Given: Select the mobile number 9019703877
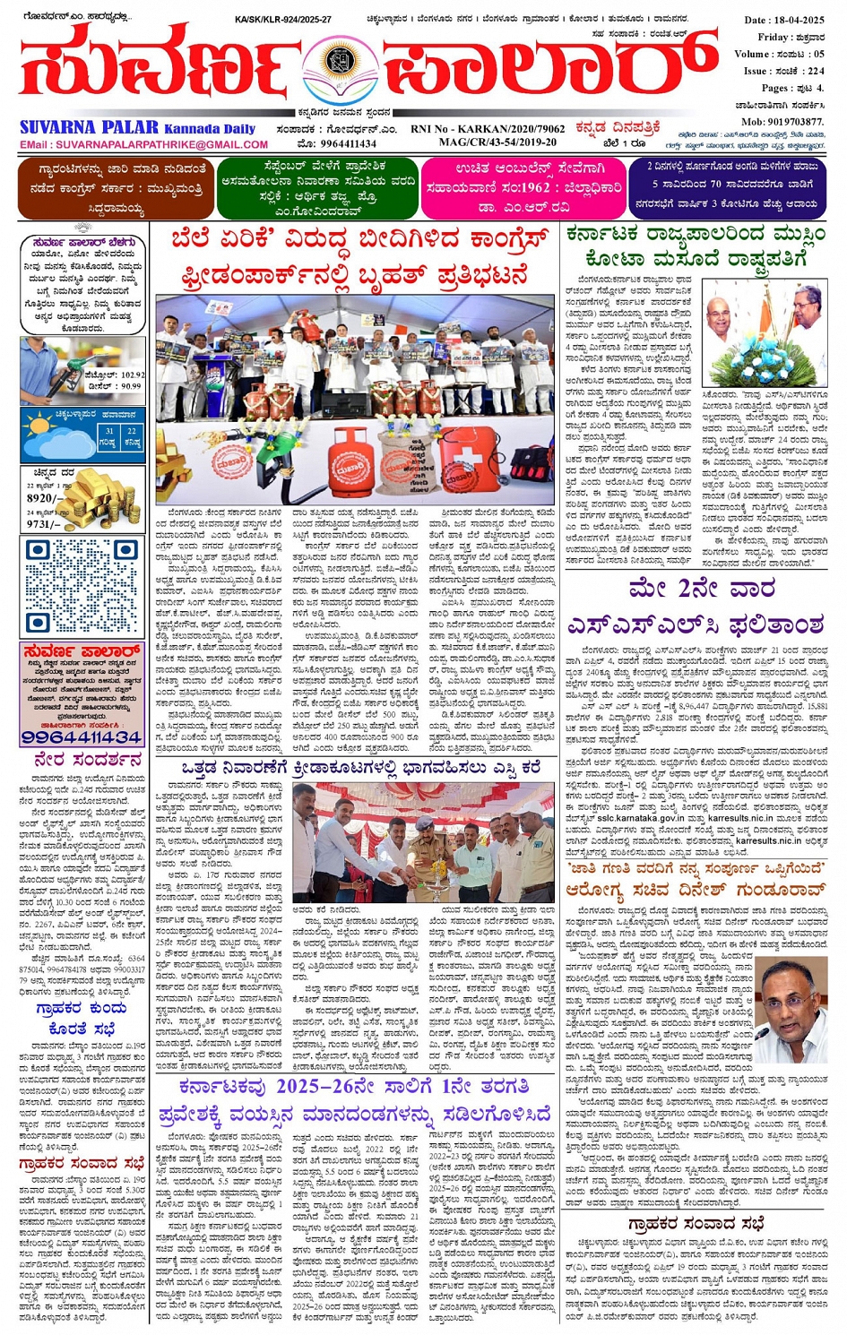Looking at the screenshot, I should [x=791, y=122].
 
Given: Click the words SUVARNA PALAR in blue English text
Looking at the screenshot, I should [x=89, y=128].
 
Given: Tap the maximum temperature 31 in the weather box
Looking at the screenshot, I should [x=108, y=431].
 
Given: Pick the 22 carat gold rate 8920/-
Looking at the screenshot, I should [x=44, y=498].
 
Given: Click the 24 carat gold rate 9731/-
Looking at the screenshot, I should [x=44, y=524].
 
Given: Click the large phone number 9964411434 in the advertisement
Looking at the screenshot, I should [x=82, y=736].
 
